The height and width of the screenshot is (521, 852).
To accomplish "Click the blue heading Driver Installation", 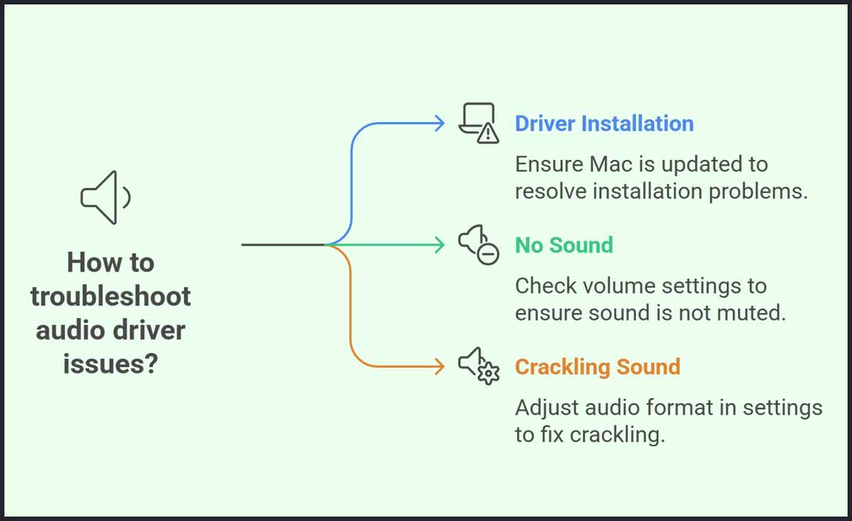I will click(x=604, y=124).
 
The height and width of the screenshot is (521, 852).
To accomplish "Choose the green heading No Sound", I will click(x=564, y=245).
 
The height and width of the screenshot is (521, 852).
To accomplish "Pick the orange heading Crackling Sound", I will click(x=598, y=367).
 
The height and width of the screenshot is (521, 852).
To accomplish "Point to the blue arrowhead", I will click(x=440, y=123).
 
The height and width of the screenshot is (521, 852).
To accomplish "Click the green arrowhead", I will click(x=440, y=244).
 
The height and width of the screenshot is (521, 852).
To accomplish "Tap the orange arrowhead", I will click(x=440, y=366).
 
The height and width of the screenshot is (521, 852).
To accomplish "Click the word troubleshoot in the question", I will click(x=111, y=296).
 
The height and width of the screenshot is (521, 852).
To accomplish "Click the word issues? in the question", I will click(x=111, y=363).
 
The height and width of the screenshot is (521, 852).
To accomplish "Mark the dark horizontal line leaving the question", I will click(x=283, y=244).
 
